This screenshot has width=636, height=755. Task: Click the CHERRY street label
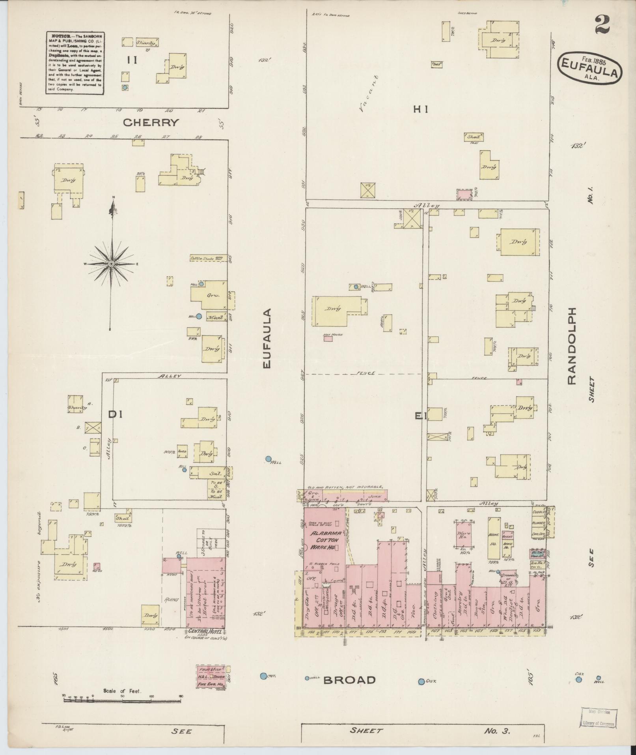pos(151,122)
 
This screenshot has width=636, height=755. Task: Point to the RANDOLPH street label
pos(571,346)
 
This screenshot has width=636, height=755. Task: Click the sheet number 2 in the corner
pos(602,24)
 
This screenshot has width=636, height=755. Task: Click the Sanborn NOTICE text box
pos(75,63)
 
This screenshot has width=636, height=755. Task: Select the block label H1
pos(421,110)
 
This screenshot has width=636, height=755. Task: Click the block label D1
pos(116,414)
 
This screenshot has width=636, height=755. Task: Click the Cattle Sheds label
pos(202,259)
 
